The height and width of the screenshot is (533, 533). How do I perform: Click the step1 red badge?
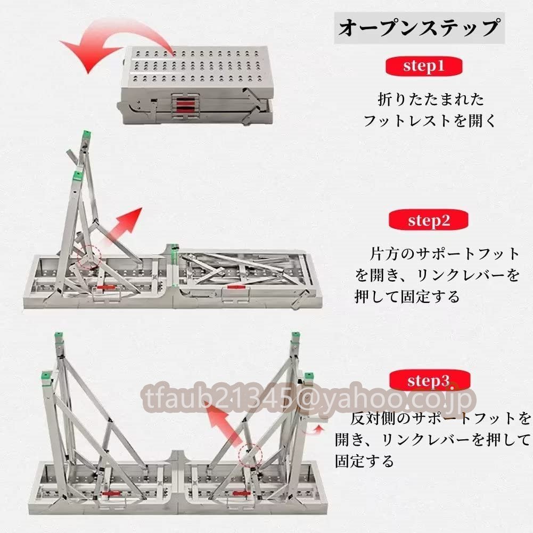click(x=423, y=66)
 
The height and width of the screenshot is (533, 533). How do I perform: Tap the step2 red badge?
click(x=429, y=220)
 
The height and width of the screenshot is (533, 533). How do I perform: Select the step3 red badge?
click(x=429, y=380)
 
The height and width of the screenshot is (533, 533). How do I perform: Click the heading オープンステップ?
click(x=419, y=28)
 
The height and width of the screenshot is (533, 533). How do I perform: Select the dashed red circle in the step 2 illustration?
click(x=89, y=257)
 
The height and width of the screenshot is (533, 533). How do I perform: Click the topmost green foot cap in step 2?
click(x=87, y=134)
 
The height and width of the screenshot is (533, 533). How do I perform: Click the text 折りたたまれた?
click(x=431, y=100)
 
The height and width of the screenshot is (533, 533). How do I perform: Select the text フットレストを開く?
click(x=430, y=121)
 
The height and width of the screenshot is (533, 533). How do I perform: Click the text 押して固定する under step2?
click(x=407, y=297)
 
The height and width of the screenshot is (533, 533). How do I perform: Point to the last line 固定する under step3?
click(x=364, y=461)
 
